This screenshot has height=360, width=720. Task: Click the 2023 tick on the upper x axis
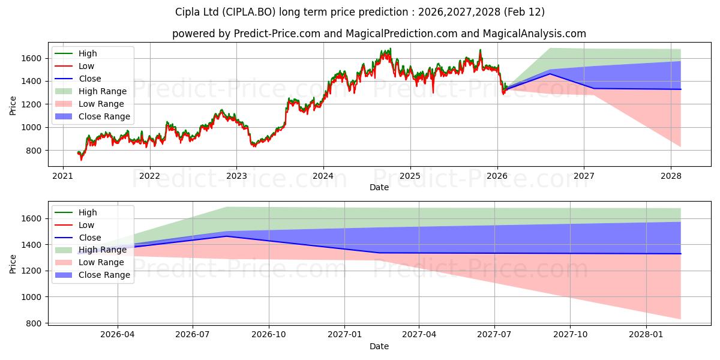[236, 176]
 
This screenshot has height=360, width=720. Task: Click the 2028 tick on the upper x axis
[671, 176]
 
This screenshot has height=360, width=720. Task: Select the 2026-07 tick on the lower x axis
[193, 334]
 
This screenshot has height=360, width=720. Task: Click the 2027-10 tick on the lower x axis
[571, 334]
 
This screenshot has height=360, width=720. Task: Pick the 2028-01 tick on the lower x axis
[647, 334]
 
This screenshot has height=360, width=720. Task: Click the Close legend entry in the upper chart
[90, 79]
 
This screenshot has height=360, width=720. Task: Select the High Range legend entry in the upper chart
[103, 91]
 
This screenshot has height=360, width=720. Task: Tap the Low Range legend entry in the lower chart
[101, 262]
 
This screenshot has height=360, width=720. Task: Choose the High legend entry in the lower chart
[88, 212]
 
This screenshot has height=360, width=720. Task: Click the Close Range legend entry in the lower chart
[104, 275]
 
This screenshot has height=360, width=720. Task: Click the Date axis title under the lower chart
[379, 346]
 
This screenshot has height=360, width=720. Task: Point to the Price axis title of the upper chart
[13, 106]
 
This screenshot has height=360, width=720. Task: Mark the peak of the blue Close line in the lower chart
[226, 236]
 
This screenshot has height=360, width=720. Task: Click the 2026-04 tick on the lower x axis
[118, 334]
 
